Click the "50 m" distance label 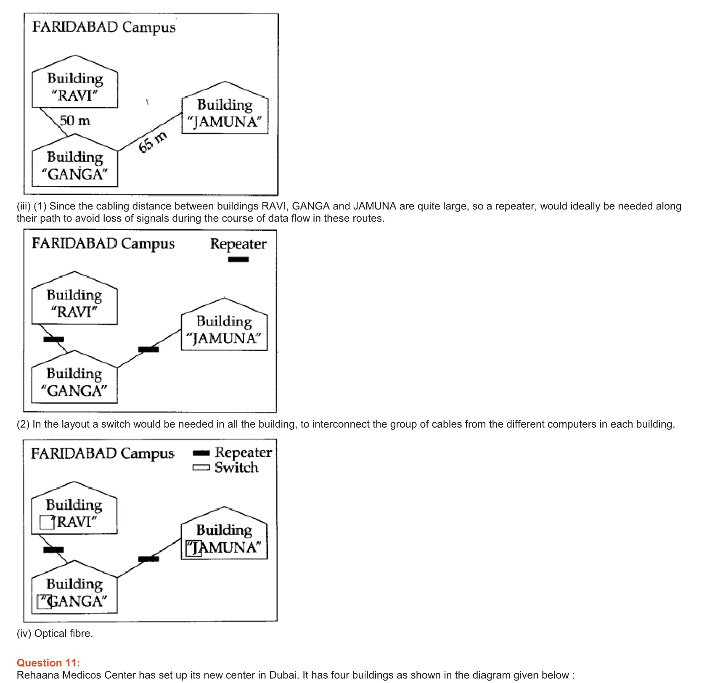click(x=75, y=121)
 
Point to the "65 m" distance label click(x=153, y=142)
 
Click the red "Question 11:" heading click(x=48, y=663)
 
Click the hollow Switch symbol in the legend click(x=201, y=468)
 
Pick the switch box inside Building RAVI click(x=47, y=522)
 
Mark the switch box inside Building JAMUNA click(x=194, y=548)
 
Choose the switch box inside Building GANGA click(x=44, y=601)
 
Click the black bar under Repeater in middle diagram click(x=238, y=259)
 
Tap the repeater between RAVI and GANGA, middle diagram click(x=53, y=339)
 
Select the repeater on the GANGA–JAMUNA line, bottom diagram click(x=148, y=559)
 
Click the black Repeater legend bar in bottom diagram click(x=201, y=453)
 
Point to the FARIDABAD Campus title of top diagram click(x=104, y=27)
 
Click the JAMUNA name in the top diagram click(x=225, y=122)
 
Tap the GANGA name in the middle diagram click(x=74, y=391)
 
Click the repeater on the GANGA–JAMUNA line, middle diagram click(x=148, y=349)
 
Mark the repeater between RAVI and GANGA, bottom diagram click(x=53, y=550)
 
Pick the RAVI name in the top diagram click(x=75, y=96)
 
